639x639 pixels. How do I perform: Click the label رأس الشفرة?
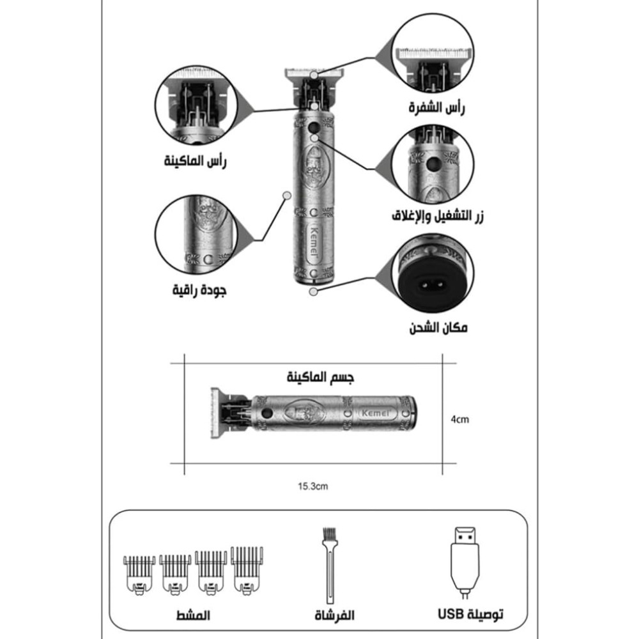tap(436, 108)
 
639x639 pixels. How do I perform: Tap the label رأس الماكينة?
tap(195, 161)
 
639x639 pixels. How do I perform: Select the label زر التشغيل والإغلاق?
tap(438, 216)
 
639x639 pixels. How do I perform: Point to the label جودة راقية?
tap(199, 290)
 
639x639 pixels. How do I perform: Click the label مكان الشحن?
tap(438, 328)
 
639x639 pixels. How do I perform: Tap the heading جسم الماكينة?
tap(320, 377)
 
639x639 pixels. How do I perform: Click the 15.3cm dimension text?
tap(312, 486)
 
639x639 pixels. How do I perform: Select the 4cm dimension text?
tap(459, 419)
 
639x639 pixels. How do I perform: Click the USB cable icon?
tap(465, 563)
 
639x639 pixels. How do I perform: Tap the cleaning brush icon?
tap(329, 566)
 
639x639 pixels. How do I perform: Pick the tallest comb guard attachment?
tap(247, 571)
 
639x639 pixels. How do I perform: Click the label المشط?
tap(193, 615)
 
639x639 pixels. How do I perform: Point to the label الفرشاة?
tap(334, 615)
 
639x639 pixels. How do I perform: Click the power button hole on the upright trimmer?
tap(313, 127)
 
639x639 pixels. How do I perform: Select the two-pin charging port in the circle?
tap(433, 285)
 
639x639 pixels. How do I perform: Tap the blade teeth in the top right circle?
tap(435, 54)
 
